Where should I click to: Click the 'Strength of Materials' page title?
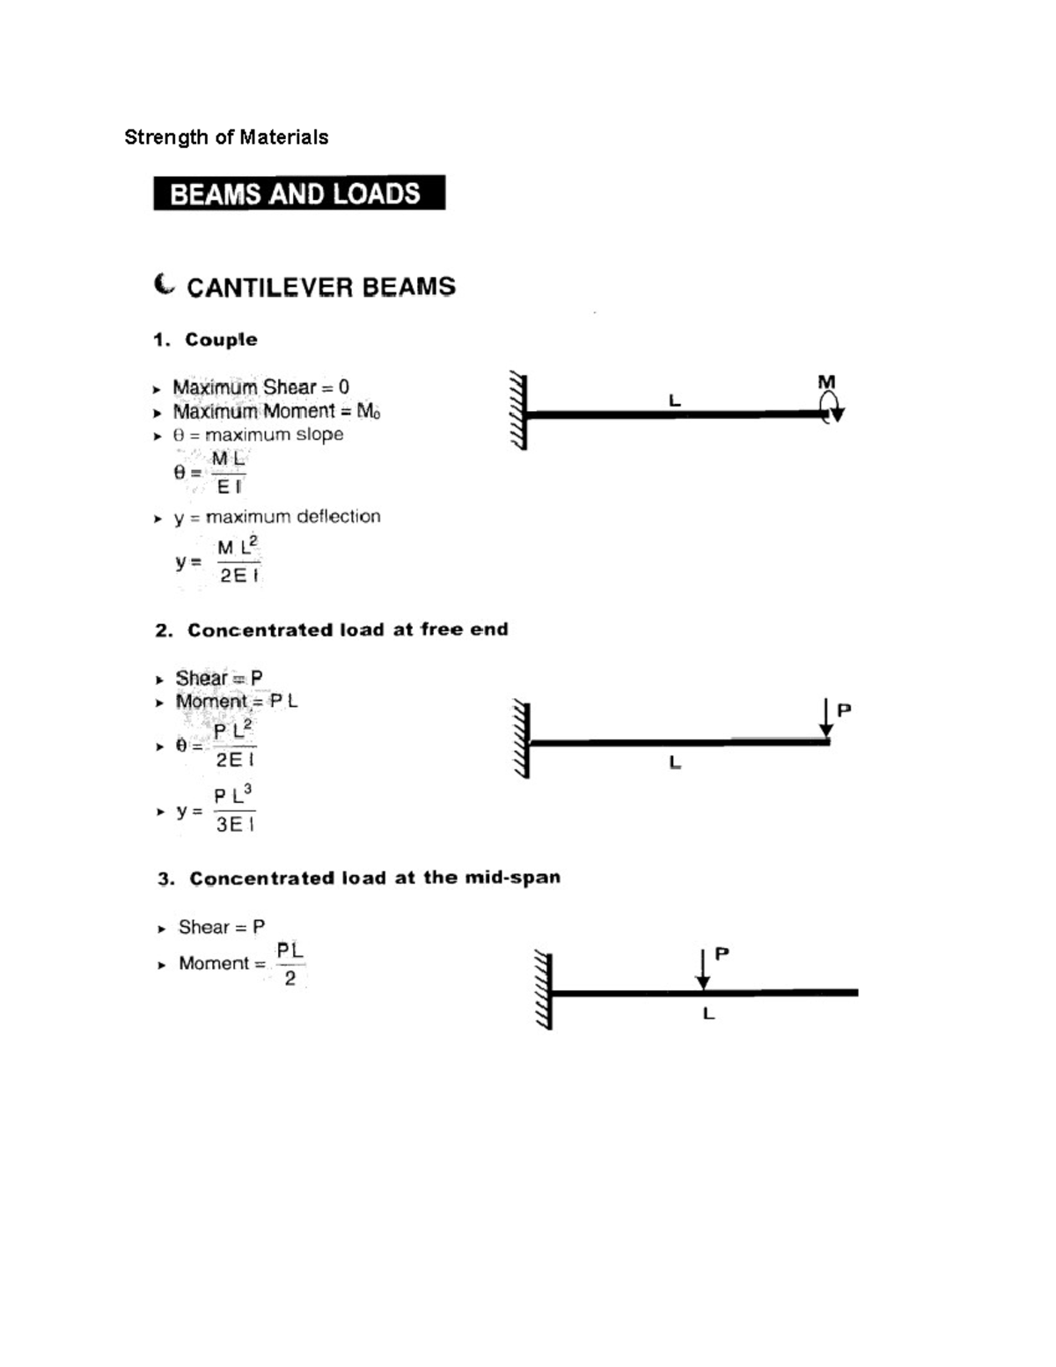[226, 137]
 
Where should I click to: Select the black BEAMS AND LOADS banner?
[298, 193]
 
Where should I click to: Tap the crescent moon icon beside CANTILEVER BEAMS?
[165, 285]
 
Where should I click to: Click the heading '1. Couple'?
[206, 340]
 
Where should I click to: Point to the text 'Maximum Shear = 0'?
[260, 387]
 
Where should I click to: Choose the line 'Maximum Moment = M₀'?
[276, 411]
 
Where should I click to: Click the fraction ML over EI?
[229, 473]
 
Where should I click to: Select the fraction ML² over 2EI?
[238, 562]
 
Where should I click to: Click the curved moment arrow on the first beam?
[831, 408]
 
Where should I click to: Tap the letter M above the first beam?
[826, 382]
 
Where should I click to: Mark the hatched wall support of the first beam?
[518, 411]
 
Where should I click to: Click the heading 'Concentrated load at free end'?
[347, 630]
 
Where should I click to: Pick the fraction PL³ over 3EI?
[235, 810]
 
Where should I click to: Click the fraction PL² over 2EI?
[235, 745]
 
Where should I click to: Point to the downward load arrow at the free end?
[825, 717]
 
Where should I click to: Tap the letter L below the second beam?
[675, 762]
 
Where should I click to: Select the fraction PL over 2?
[290, 965]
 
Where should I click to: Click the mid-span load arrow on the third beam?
[702, 969]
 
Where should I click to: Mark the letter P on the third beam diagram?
[722, 953]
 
